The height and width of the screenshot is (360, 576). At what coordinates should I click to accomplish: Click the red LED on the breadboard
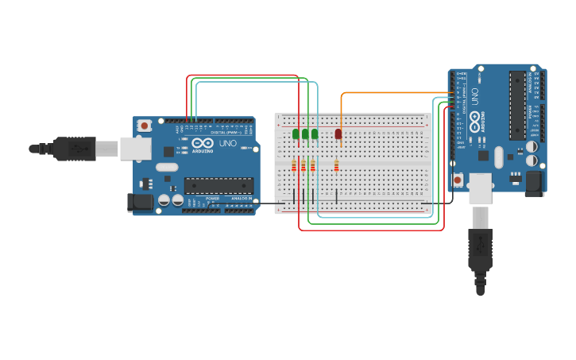[x=338, y=134]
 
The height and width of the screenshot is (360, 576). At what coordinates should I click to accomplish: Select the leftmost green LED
[x=296, y=134]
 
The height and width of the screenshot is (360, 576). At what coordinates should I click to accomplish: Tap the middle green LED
[x=305, y=134]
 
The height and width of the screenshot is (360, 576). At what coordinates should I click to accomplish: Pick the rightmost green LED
[x=315, y=134]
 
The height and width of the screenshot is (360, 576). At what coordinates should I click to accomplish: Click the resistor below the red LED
[x=337, y=165]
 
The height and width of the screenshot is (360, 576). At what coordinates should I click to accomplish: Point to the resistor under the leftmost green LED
[x=294, y=165]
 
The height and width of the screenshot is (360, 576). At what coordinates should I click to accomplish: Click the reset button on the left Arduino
[x=144, y=126]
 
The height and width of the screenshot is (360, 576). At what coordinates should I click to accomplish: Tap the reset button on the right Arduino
[x=458, y=180]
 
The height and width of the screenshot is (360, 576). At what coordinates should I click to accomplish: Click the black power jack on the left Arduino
[x=141, y=203]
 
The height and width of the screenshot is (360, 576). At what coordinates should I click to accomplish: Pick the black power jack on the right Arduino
[x=535, y=183]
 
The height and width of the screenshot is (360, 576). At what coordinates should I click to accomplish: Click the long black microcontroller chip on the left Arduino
[x=218, y=185]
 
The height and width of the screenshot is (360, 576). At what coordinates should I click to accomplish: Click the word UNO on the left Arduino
[x=227, y=144]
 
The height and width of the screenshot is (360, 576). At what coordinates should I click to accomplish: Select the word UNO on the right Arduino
[x=475, y=96]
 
